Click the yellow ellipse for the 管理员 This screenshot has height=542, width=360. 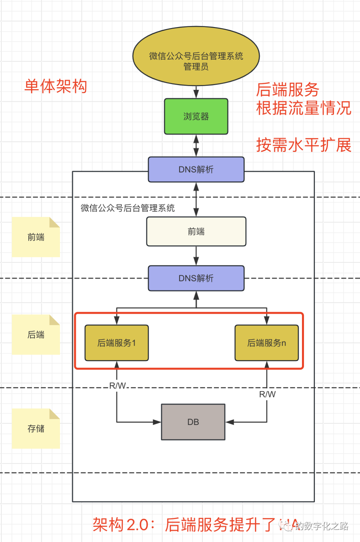pyautogui.click(x=196, y=56)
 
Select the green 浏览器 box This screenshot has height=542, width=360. pyautogui.click(x=196, y=116)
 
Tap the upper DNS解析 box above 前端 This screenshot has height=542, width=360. pyautogui.click(x=196, y=169)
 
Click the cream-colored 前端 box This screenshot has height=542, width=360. pyautogui.click(x=196, y=231)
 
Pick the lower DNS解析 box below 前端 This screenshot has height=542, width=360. pyautogui.click(x=196, y=278)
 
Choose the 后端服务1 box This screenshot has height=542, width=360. pyautogui.click(x=117, y=343)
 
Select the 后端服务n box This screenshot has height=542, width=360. pyautogui.click(x=267, y=343)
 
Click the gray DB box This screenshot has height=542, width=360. pyautogui.click(x=193, y=422)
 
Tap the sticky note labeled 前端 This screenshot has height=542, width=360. pyautogui.click(x=36, y=237)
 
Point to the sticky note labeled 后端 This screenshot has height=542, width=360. pyautogui.click(x=36, y=334)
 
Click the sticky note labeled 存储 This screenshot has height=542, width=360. pyautogui.click(x=36, y=428)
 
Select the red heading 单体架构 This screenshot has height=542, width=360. pyautogui.click(x=56, y=86)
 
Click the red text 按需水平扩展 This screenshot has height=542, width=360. pyautogui.click(x=303, y=145)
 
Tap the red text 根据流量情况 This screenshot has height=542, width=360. pyautogui.click(x=303, y=108)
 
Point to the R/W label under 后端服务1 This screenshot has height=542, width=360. pyautogui.click(x=117, y=386)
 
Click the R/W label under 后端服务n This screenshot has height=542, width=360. pyautogui.click(x=267, y=394)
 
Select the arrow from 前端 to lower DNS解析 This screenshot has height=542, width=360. pyautogui.click(x=196, y=256)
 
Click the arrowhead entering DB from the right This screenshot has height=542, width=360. pyautogui.click(x=230, y=422)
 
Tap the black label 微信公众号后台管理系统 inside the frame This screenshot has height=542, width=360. pyautogui.click(x=127, y=208)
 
